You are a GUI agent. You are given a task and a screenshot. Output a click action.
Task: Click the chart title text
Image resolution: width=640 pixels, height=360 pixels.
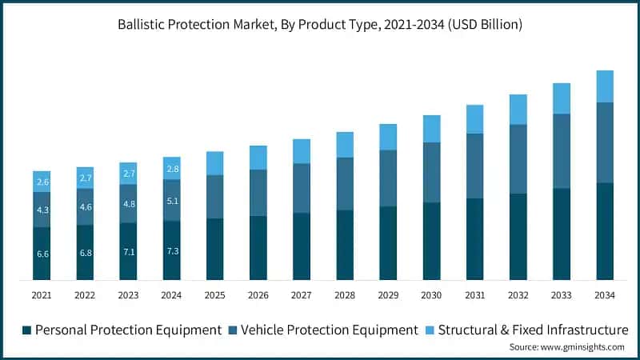[320, 25]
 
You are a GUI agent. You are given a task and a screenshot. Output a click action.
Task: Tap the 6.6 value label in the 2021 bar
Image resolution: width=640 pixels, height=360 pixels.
[42, 254]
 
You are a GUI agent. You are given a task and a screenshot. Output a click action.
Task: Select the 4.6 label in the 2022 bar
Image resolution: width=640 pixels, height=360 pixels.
[86, 206]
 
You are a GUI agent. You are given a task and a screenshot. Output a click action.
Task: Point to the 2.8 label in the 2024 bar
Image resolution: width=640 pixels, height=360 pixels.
[172, 169]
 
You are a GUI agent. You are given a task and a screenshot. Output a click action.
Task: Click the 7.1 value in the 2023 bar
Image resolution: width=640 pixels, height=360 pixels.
[129, 252]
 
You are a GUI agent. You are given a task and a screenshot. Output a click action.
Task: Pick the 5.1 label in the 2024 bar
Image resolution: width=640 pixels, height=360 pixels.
[172, 201]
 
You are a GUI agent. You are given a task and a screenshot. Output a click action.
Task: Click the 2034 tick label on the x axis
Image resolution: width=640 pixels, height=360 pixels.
[605, 295]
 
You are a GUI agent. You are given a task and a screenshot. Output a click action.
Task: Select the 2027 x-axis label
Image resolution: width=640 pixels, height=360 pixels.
[302, 295]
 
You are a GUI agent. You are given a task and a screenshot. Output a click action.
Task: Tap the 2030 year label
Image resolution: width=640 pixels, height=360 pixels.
[432, 295]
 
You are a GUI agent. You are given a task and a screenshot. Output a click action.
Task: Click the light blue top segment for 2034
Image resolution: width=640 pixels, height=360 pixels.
[605, 86]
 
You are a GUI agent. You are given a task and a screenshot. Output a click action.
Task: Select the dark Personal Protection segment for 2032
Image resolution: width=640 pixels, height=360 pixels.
[518, 237]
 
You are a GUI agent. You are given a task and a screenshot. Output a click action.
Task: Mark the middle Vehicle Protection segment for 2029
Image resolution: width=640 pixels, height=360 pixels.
[388, 178]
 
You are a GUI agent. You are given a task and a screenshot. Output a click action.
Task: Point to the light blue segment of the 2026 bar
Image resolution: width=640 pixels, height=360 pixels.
[258, 158]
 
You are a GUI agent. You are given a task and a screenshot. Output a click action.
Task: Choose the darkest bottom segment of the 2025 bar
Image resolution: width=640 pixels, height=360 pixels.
[215, 250]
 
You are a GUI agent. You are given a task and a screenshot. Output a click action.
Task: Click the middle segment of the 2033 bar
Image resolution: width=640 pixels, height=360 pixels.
[562, 151]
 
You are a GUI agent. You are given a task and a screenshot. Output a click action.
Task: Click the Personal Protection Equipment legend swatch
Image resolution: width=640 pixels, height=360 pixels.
[26, 330]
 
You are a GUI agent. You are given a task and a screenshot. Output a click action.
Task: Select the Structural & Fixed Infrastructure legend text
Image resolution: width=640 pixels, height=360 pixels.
[534, 330]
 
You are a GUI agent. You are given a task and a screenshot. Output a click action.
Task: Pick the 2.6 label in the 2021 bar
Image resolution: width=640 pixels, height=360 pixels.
[42, 182]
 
